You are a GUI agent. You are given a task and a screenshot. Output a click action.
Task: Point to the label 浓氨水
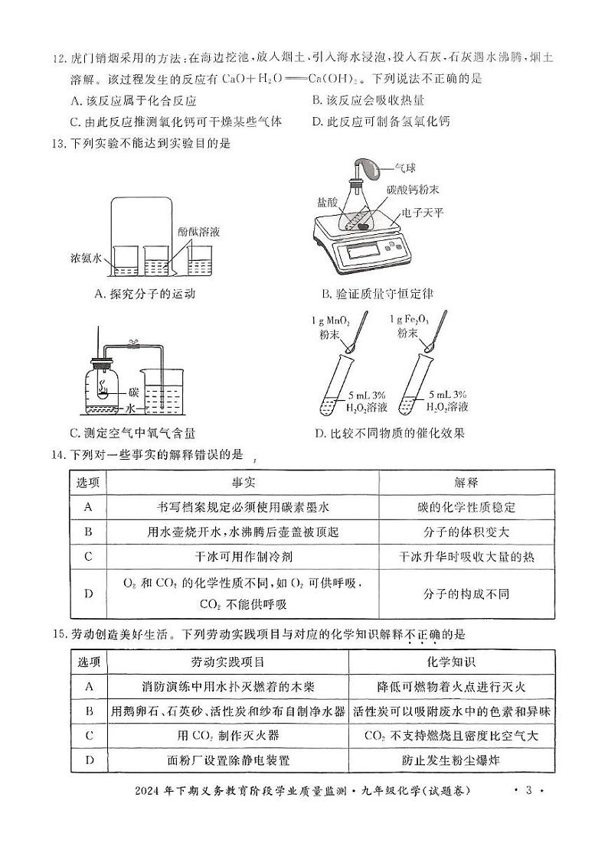(x=87, y=259)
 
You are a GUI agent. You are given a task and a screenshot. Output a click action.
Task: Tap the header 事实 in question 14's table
(x=243, y=482)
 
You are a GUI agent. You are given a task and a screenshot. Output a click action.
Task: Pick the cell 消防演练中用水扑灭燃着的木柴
(x=228, y=686)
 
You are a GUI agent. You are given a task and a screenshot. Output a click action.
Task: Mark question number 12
(x=57, y=57)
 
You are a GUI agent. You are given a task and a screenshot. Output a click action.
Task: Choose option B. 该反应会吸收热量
(x=368, y=100)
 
